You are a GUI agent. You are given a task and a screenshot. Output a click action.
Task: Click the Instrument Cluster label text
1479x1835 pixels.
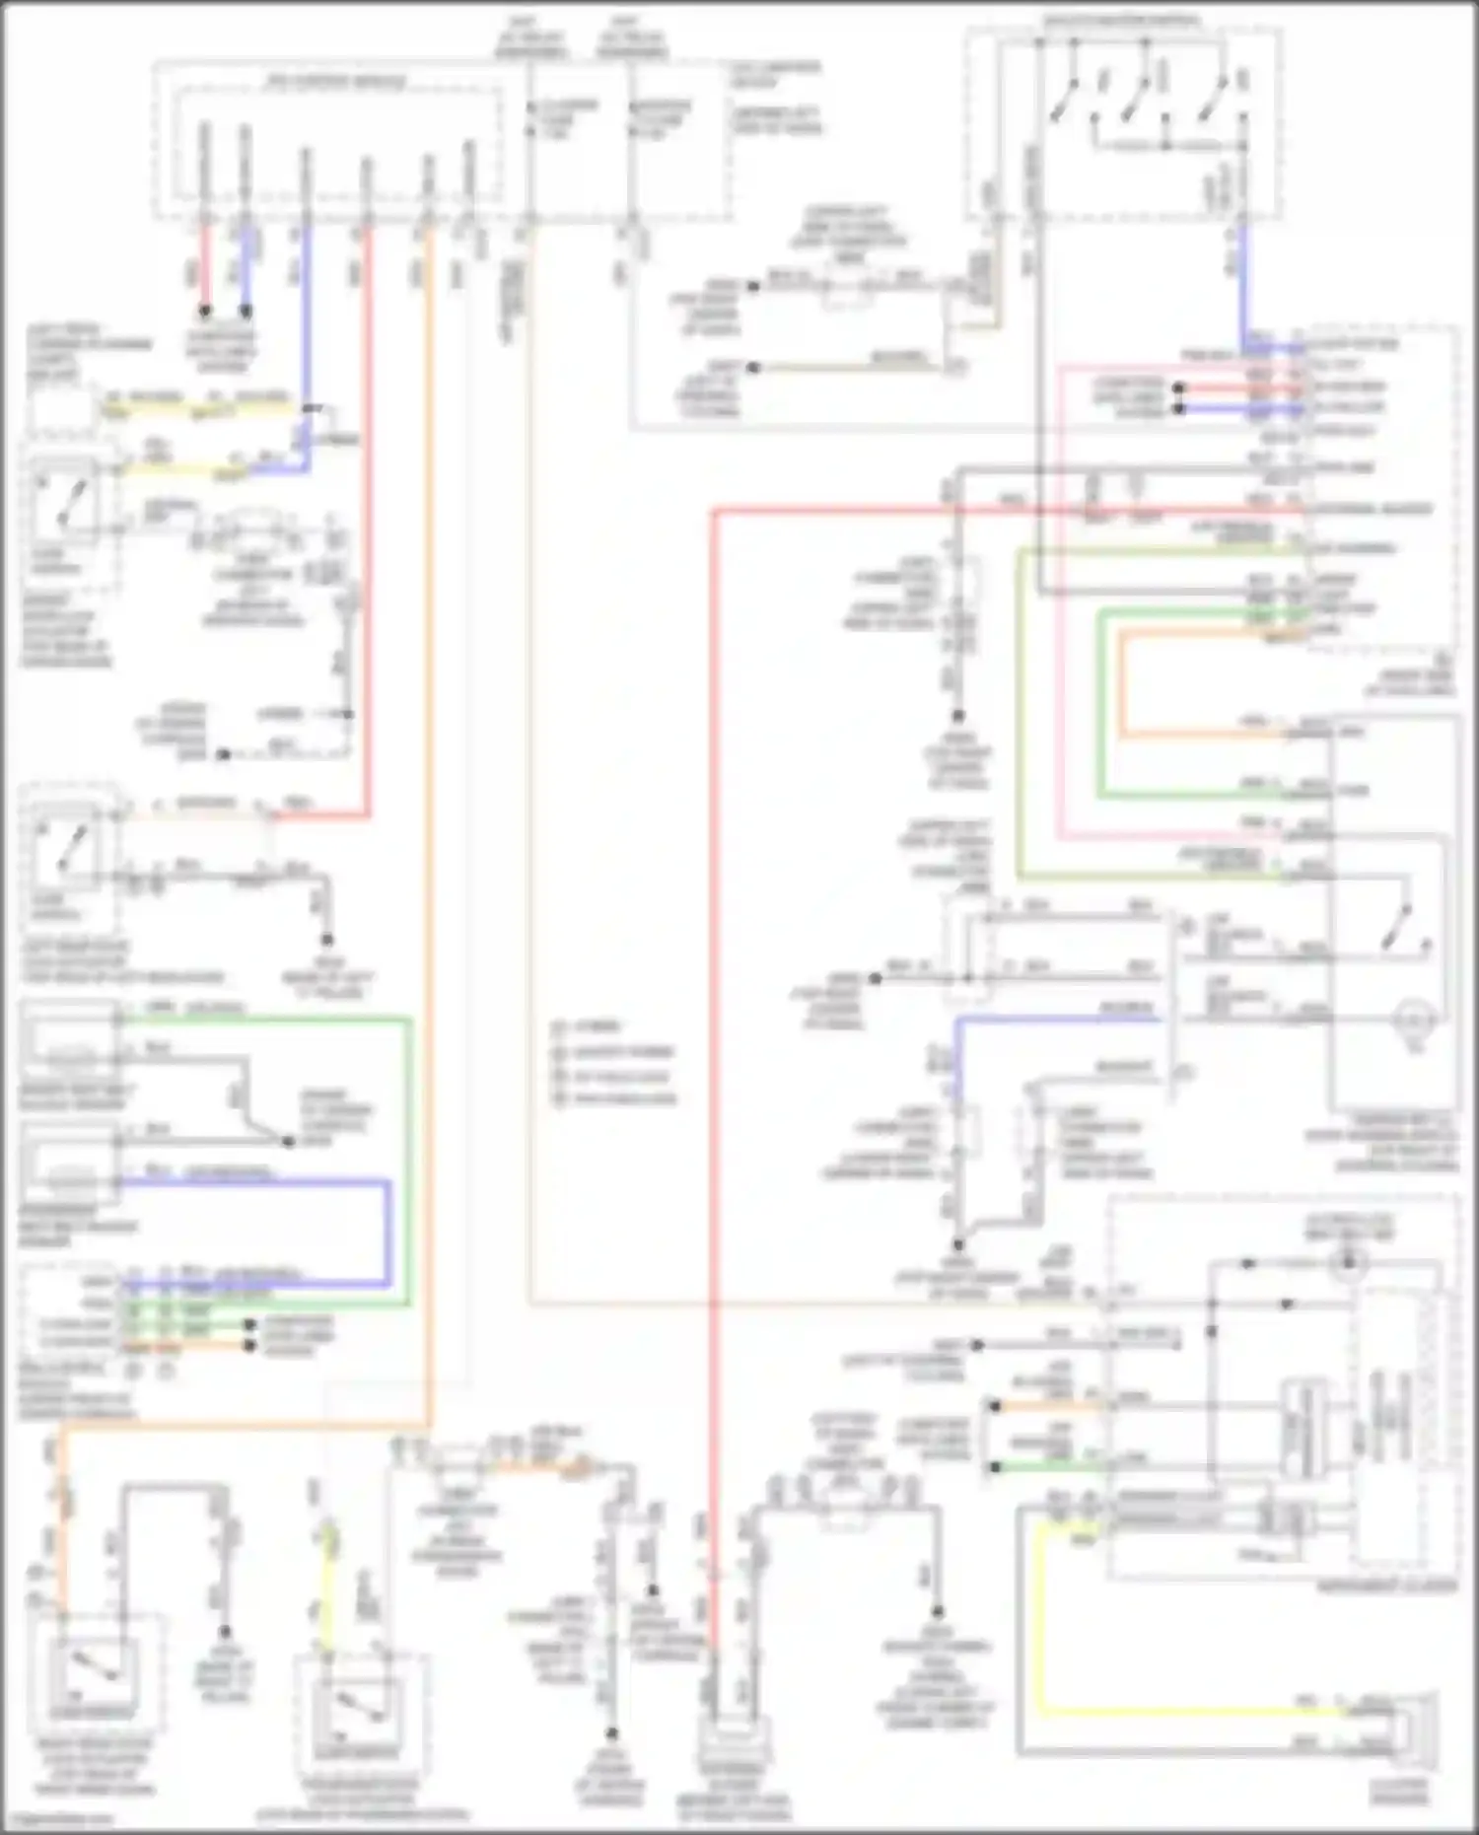1386,1587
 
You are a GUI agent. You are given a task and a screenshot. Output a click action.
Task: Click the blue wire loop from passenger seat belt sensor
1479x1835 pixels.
388,1233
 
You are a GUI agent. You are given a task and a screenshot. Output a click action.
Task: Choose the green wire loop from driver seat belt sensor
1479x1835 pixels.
409,1164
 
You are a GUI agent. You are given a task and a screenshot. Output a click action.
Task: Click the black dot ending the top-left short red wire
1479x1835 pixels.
205,311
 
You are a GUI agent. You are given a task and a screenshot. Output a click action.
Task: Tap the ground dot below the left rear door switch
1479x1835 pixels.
326,940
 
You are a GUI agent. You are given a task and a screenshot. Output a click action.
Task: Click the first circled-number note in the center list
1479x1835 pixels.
560,1026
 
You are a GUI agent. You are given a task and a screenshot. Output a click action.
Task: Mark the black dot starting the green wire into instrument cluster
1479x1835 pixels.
994,1467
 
